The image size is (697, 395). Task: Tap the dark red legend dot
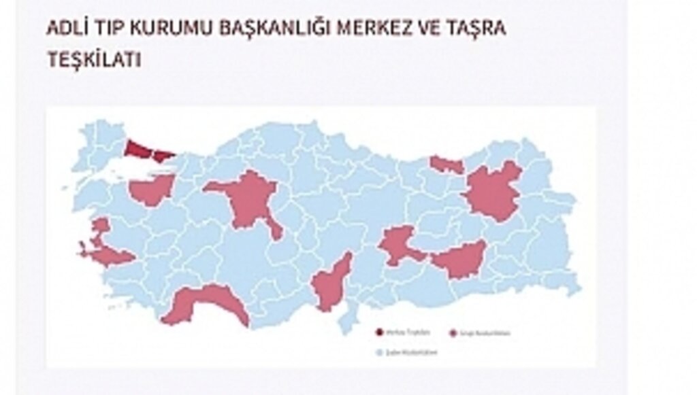379,332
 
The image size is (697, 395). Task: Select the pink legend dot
453,332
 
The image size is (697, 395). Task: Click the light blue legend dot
379,352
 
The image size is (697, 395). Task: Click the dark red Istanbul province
144,149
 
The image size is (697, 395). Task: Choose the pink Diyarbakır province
461,259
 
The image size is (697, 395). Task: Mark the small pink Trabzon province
447,164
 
